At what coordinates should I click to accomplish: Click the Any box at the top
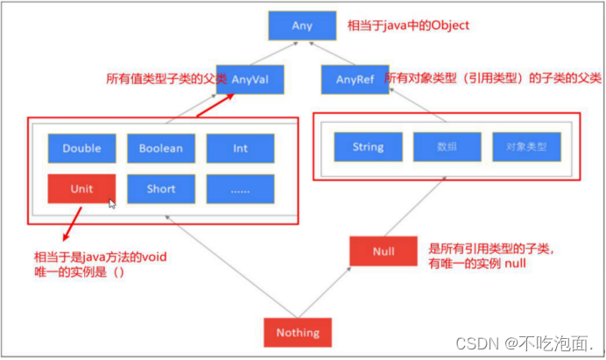click(x=302, y=26)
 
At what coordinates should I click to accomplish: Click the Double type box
click(x=81, y=148)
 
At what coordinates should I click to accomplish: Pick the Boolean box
click(x=161, y=148)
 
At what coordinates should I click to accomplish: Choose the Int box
click(x=240, y=148)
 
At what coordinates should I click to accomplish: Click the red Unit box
click(x=81, y=188)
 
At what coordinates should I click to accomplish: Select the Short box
click(x=161, y=188)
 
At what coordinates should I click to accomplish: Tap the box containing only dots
click(x=240, y=188)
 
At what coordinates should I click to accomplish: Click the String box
click(x=368, y=146)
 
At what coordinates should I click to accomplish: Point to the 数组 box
click(x=447, y=146)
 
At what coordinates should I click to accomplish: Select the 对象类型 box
click(x=525, y=146)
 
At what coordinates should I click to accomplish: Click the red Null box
click(x=384, y=251)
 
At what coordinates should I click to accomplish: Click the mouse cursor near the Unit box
click(x=112, y=203)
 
